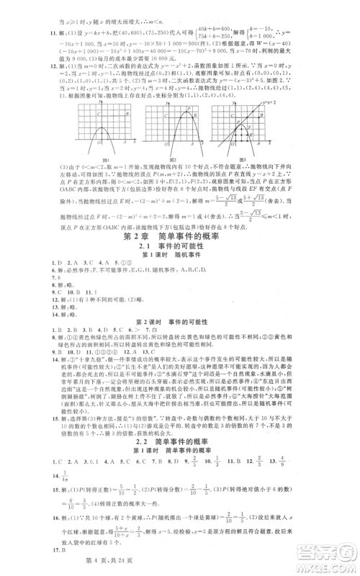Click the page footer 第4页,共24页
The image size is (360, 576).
pyautogui.click(x=181, y=567)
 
